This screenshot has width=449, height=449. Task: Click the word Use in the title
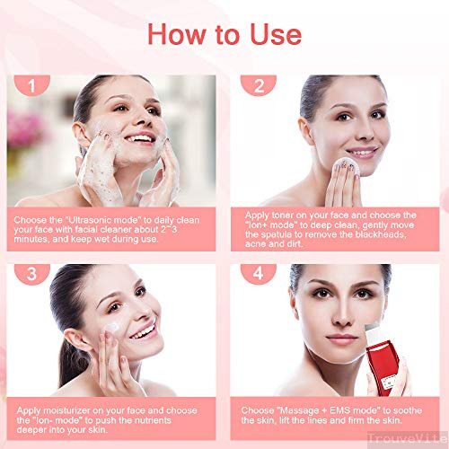click(276, 34)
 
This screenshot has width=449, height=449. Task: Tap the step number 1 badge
click(32, 85)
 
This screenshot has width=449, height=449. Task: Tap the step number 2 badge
click(259, 85)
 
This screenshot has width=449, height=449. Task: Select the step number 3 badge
click(32, 274)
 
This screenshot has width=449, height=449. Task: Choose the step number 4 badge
click(259, 274)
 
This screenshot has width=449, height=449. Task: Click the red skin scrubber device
click(381, 361)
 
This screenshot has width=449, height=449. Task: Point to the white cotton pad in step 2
click(347, 167)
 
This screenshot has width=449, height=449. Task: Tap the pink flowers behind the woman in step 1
click(24, 128)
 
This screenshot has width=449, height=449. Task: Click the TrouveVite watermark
click(408, 439)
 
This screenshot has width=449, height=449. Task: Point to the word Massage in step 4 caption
click(295, 410)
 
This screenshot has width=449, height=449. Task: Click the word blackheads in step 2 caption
click(381, 234)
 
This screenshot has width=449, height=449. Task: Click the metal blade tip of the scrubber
click(372, 326)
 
